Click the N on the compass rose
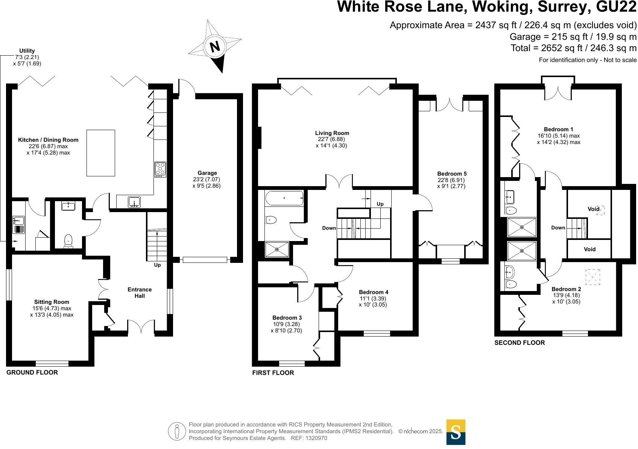(215, 47)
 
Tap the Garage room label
(207, 173)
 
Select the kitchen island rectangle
(101, 153)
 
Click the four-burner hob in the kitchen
(160, 169)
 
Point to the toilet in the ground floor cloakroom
(68, 241)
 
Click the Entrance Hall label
(140, 293)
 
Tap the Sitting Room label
(52, 302)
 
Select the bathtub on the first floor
(284, 198)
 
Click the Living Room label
(332, 133)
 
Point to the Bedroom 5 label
(452, 174)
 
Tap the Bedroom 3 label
(287, 318)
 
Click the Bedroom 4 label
(374, 292)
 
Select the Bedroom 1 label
(559, 129)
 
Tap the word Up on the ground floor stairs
(157, 265)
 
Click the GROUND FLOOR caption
(32, 372)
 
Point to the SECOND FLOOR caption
(520, 343)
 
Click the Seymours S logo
(456, 432)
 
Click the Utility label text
(27, 51)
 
